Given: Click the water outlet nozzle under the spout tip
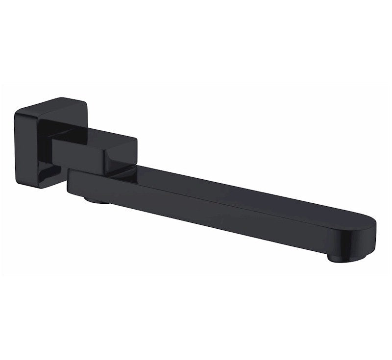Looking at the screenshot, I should pos(342,257).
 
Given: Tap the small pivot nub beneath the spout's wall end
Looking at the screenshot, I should pos(96,199).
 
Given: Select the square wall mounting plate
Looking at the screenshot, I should pos(37,142).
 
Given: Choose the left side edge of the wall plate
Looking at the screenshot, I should pos(16,147).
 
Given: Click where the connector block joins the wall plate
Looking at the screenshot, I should pos(55,142).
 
